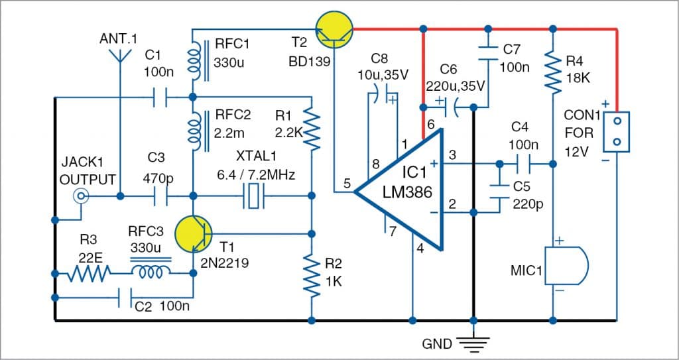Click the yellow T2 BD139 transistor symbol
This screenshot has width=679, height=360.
pos(333,30)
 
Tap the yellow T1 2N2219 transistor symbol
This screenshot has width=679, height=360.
pos(194,233)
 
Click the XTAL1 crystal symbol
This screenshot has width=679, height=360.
pos(254,196)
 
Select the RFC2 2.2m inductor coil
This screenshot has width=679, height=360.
pos(195,129)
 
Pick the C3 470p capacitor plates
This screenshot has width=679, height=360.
pos(160,196)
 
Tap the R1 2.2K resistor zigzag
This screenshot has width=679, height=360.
pos(311,126)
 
